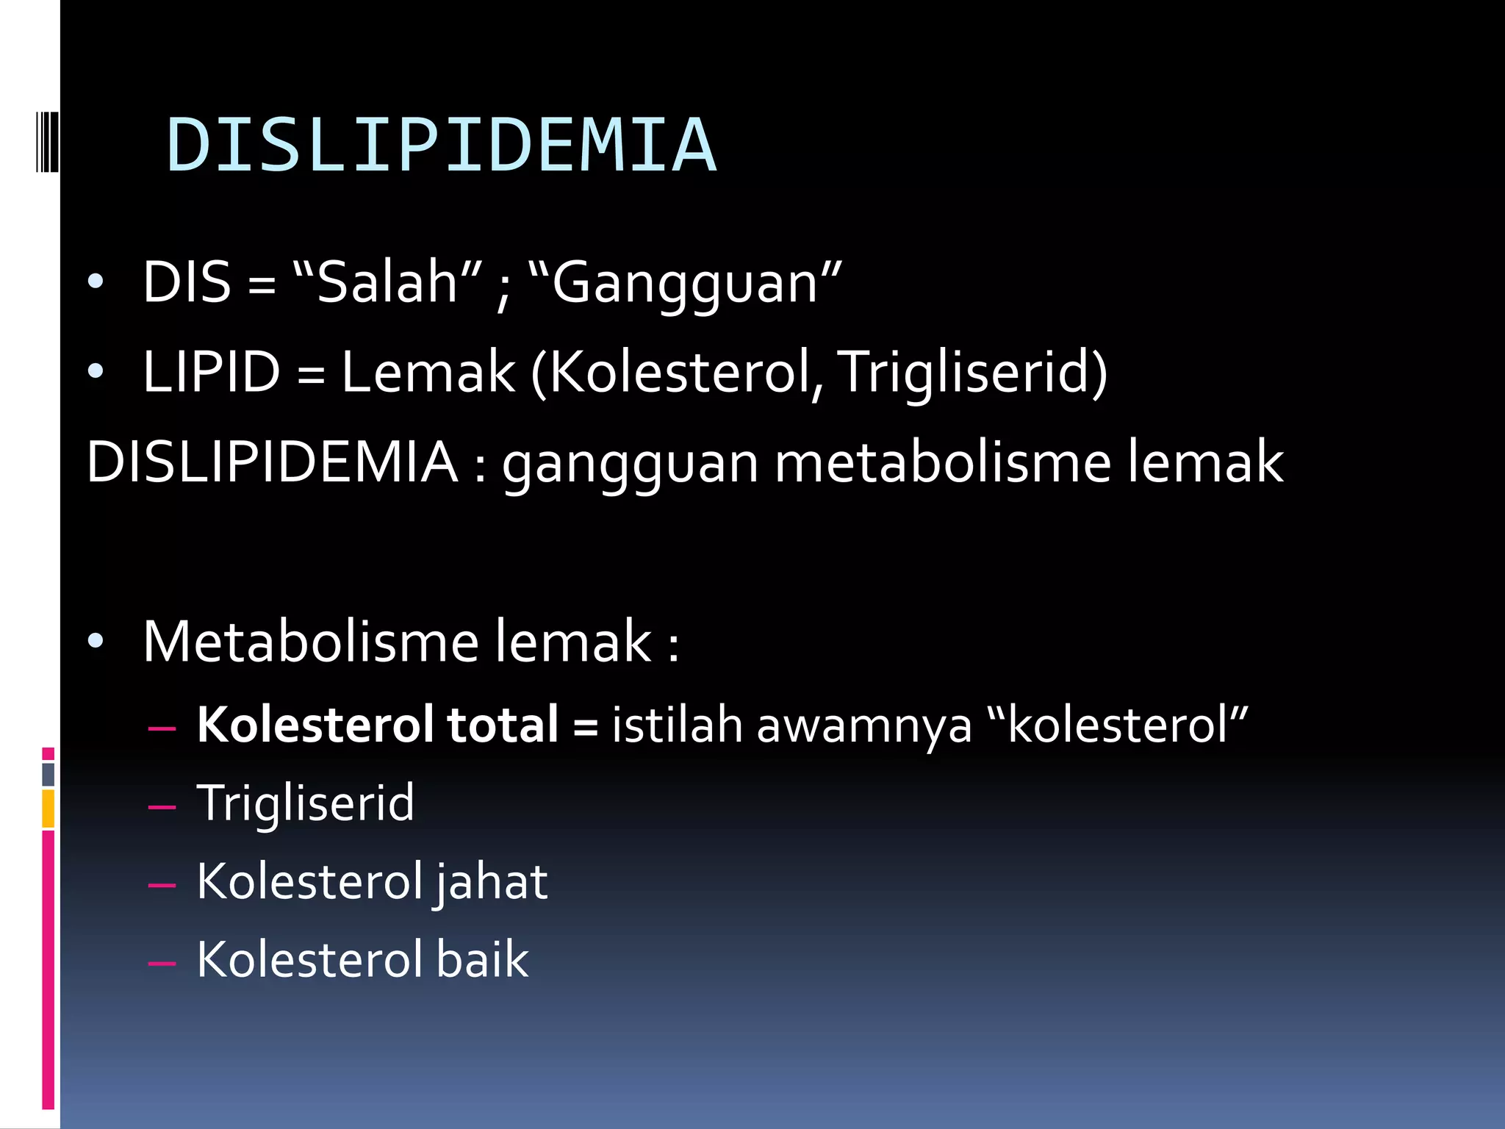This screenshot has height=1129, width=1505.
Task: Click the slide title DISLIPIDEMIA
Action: (x=441, y=146)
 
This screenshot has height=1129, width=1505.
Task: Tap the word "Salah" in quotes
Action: (x=387, y=282)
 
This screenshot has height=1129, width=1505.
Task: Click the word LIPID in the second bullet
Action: (x=212, y=372)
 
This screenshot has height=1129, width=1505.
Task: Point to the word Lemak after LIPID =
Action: (x=428, y=372)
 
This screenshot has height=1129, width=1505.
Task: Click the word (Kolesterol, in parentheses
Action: (x=678, y=373)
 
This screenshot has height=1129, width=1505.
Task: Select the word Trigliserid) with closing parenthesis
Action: (x=971, y=373)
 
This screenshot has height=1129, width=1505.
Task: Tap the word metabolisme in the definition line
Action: (x=942, y=463)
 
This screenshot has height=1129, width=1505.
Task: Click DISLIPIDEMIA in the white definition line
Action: (x=272, y=463)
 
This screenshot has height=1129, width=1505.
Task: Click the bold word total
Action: (x=503, y=725)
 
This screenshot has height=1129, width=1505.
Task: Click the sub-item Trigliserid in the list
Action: (x=306, y=803)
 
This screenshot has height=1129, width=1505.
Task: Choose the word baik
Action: (x=482, y=960)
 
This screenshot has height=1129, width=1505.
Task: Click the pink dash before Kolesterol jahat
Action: (x=162, y=884)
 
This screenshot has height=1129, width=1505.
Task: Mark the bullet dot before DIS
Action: (x=96, y=282)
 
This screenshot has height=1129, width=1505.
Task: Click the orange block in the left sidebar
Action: (x=48, y=809)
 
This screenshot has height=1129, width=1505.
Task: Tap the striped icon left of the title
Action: (x=47, y=141)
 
